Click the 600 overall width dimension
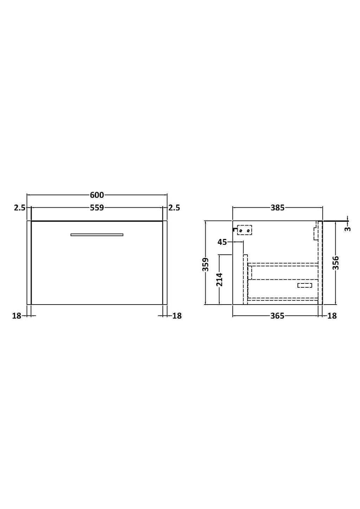[x=97, y=195]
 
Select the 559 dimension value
[x=97, y=208]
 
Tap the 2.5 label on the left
[x=20, y=208]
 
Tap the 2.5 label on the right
[x=174, y=208]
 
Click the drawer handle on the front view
[x=97, y=235]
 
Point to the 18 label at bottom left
[x=17, y=316]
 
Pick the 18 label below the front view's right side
[x=177, y=316]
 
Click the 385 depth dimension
[x=277, y=208]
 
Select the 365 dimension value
[x=277, y=316]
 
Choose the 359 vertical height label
[x=206, y=265]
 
